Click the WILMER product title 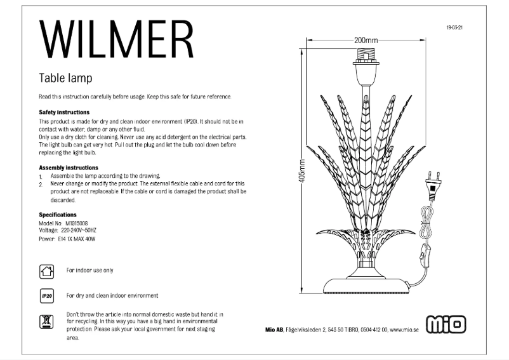[116, 39]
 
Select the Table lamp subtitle [65, 78]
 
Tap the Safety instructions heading [64, 112]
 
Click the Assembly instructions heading [68, 168]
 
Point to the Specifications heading [58, 215]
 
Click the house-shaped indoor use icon [46, 271]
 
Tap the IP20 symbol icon [46, 296]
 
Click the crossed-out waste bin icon [46, 321]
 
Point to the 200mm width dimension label [366, 40]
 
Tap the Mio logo [446, 324]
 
